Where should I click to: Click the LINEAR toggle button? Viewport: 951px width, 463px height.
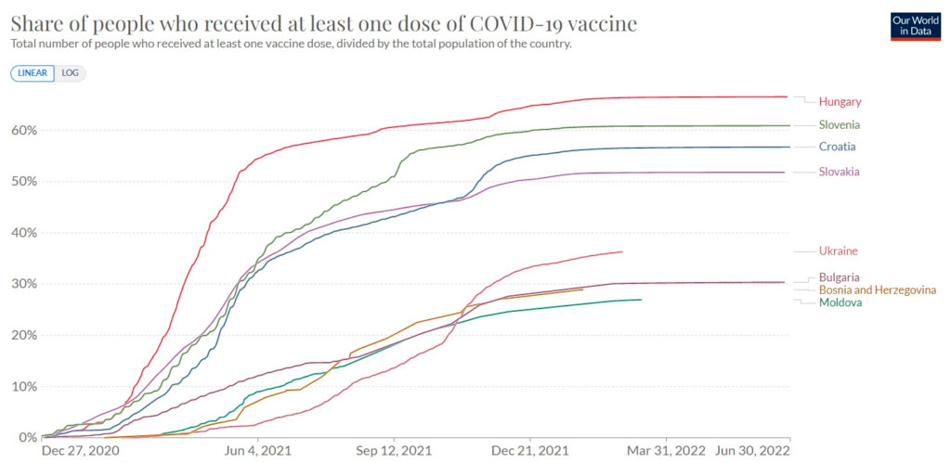[33, 73]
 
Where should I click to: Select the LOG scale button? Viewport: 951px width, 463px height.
[71, 73]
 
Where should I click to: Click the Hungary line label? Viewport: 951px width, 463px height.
[840, 101]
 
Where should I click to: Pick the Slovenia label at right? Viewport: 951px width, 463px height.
[840, 124]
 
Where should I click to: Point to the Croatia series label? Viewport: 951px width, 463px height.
[837, 147]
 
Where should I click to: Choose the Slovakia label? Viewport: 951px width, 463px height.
[840, 171]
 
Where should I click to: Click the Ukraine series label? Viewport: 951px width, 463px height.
[838, 251]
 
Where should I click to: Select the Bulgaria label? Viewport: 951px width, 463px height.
[840, 277]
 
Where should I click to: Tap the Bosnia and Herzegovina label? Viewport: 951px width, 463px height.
[878, 290]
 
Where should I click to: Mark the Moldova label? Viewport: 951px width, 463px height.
[840, 302]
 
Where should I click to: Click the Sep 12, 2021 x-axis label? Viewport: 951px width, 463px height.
[394, 451]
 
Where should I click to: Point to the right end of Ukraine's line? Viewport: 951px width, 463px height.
[622, 251]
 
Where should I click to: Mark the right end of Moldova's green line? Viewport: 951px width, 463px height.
[641, 300]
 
